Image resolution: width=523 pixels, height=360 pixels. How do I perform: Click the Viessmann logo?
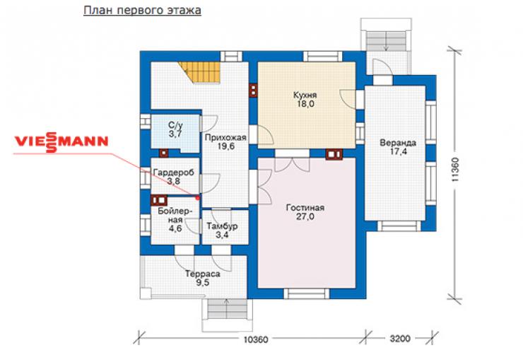tap(61, 141)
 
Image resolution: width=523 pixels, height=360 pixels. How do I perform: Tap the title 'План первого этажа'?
tap(142, 11)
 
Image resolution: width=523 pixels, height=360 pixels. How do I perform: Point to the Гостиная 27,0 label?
tap(305, 212)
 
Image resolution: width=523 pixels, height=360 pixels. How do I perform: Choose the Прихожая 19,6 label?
tap(225, 141)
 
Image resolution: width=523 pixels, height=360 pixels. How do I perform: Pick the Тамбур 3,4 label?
tap(222, 230)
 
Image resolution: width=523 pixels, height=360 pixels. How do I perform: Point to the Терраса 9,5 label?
tap(202, 278)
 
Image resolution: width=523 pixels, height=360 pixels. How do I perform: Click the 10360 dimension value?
tap(256, 339)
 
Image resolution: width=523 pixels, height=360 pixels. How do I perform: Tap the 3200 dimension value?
tap(399, 339)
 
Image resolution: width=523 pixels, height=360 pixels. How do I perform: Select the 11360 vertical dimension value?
tap(455, 170)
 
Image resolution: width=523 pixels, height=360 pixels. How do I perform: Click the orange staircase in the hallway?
tap(199, 72)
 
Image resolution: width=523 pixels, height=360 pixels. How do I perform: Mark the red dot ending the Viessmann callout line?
tap(198, 198)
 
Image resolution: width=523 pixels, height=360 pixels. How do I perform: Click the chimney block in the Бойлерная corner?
tap(159, 200)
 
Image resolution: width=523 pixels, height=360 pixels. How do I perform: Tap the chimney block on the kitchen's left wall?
tap(254, 90)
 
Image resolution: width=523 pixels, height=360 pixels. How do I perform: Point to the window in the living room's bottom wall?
tap(306, 294)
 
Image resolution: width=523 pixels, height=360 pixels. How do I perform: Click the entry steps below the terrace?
tap(227, 309)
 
